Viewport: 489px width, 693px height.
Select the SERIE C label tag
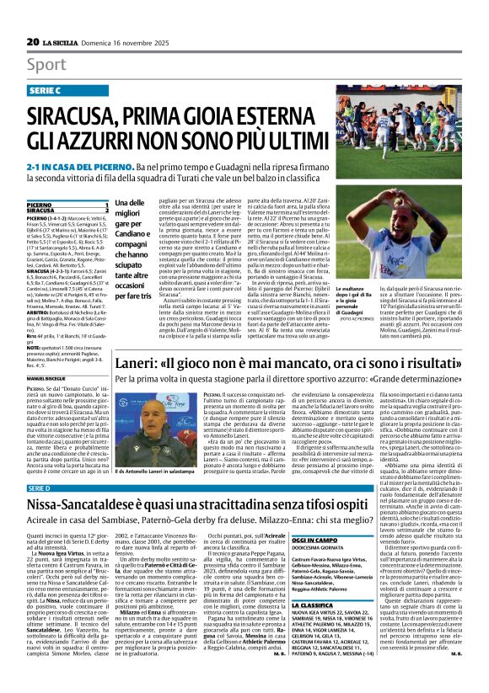53,89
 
